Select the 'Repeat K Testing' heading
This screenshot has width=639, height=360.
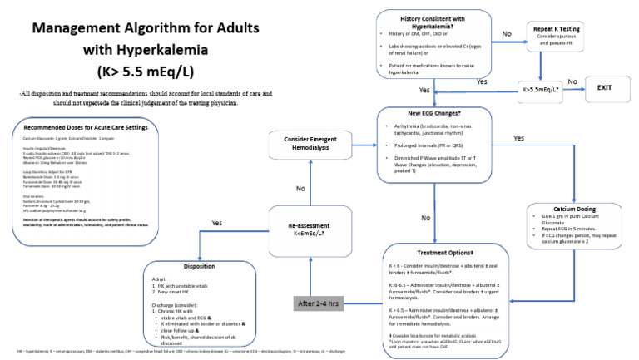click(x=556, y=29)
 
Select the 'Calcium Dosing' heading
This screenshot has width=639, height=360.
click(x=574, y=209)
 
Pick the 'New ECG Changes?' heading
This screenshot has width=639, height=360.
click(x=438, y=113)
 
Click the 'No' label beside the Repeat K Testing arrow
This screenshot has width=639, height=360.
click(x=507, y=34)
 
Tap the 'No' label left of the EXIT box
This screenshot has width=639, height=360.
click(x=572, y=82)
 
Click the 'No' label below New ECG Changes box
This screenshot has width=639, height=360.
click(x=426, y=219)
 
